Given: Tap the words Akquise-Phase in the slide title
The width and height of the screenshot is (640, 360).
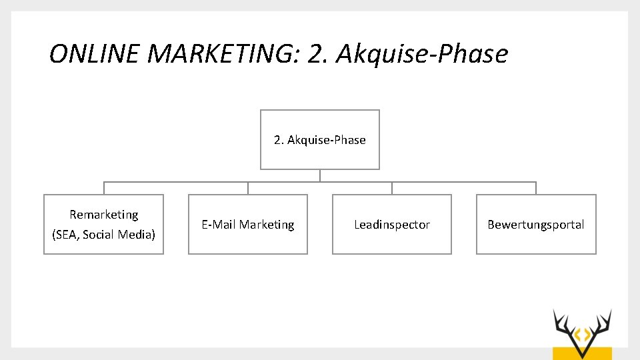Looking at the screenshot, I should click(422, 54).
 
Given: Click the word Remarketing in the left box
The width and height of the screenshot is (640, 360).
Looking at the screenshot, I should click(104, 215).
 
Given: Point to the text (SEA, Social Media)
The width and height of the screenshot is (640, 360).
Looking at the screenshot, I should click(103, 235).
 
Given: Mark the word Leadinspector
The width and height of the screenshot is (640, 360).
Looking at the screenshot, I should click(392, 225).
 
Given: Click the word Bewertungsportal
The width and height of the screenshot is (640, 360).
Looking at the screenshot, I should click(536, 225).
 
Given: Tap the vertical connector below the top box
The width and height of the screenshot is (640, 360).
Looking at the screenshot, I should click(320, 175).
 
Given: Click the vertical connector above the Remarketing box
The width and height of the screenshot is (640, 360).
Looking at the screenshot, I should click(104, 188).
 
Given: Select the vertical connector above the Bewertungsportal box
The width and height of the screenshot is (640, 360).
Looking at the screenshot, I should click(536, 188).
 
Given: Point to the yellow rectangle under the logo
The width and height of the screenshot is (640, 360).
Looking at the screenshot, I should click(582, 353).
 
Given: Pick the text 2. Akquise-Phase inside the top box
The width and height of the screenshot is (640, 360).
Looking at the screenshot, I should click(320, 140).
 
